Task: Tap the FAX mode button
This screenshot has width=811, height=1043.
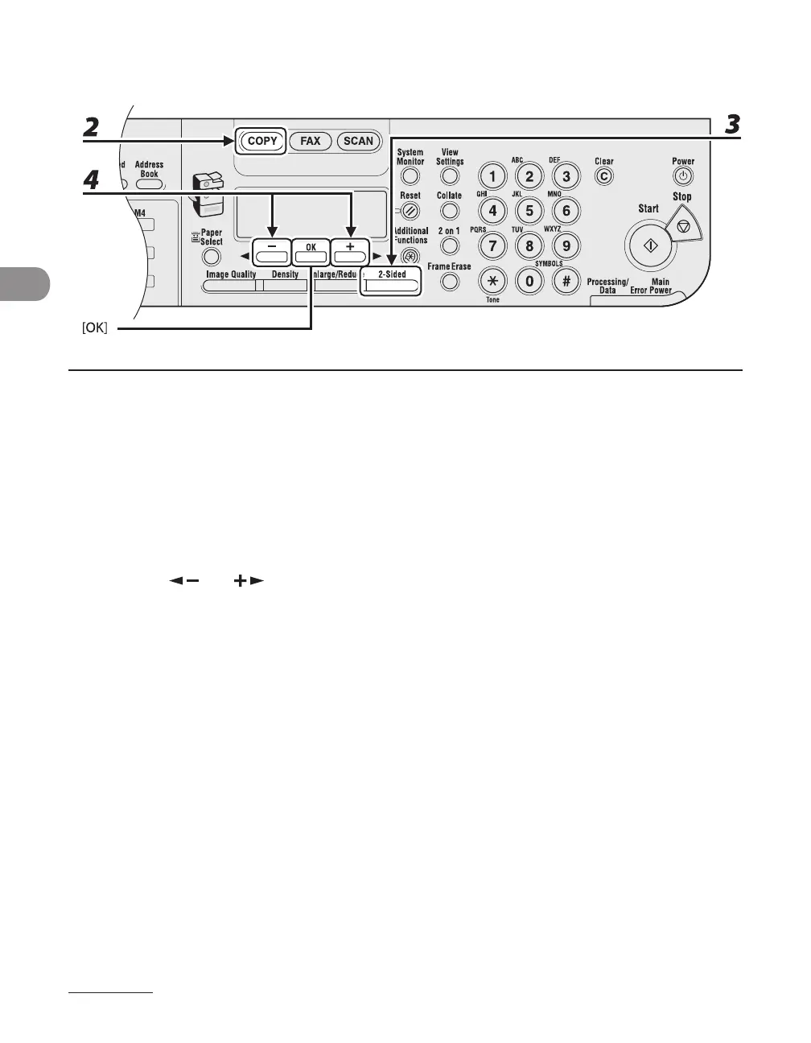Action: (x=310, y=141)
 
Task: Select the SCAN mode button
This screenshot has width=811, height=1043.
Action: (x=358, y=141)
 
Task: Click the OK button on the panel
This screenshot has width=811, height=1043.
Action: (x=311, y=254)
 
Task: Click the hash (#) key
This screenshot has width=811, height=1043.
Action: (x=566, y=281)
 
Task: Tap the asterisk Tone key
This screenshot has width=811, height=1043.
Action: (x=492, y=281)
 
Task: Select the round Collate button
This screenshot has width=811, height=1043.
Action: (x=450, y=211)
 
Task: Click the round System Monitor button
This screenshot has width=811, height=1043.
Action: (x=410, y=176)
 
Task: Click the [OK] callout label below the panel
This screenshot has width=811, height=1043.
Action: (x=95, y=328)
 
